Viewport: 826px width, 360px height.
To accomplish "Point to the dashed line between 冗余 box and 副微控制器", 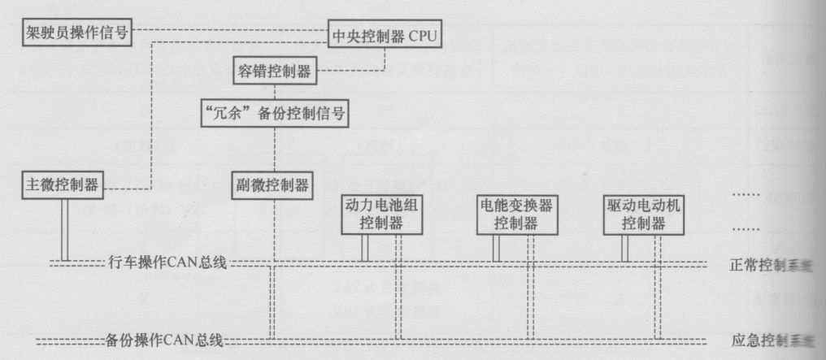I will click(x=275, y=149).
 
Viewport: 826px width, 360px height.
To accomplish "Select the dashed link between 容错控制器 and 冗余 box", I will click(x=275, y=91).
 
